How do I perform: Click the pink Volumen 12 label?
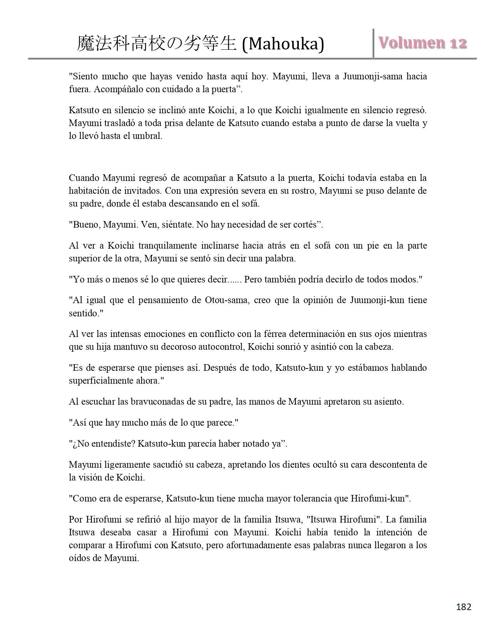(x=422, y=43)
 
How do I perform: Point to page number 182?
(x=463, y=607)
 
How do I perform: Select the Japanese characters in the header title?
(x=157, y=44)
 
